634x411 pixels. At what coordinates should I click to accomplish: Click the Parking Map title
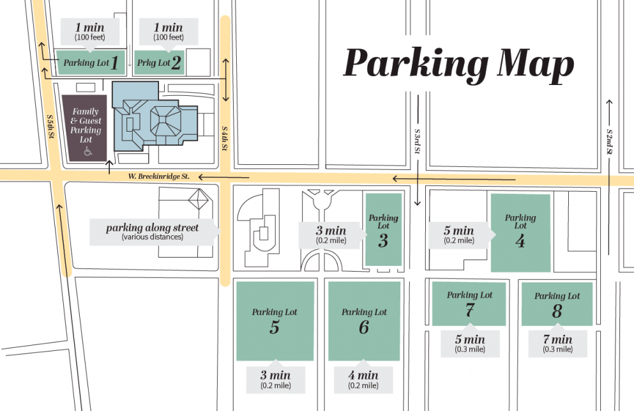pyautogui.click(x=458, y=65)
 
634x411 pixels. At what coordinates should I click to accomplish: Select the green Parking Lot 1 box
pyautogui.click(x=90, y=63)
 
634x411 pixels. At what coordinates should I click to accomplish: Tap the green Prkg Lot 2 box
pyautogui.click(x=159, y=63)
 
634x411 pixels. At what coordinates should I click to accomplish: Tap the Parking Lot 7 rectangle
pyautogui.click(x=469, y=304)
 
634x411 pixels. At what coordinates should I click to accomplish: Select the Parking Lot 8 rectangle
pyautogui.click(x=557, y=304)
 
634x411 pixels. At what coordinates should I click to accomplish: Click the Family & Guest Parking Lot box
pyautogui.click(x=85, y=127)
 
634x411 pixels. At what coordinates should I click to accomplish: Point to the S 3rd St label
pyautogui.click(x=417, y=141)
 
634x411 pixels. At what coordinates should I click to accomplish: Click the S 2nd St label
pyautogui.click(x=610, y=141)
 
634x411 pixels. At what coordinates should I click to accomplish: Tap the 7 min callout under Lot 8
pyautogui.click(x=557, y=344)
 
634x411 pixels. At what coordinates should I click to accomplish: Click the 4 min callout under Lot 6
pyautogui.click(x=364, y=380)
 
